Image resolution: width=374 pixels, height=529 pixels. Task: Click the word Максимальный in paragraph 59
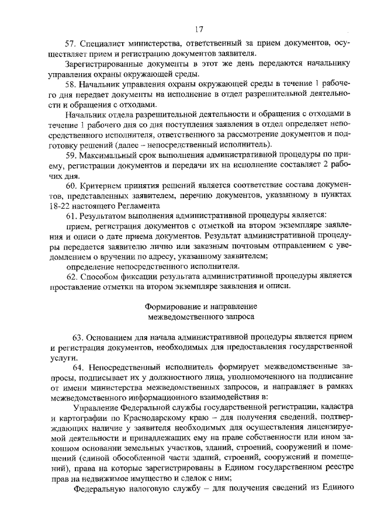coord(109,155)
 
